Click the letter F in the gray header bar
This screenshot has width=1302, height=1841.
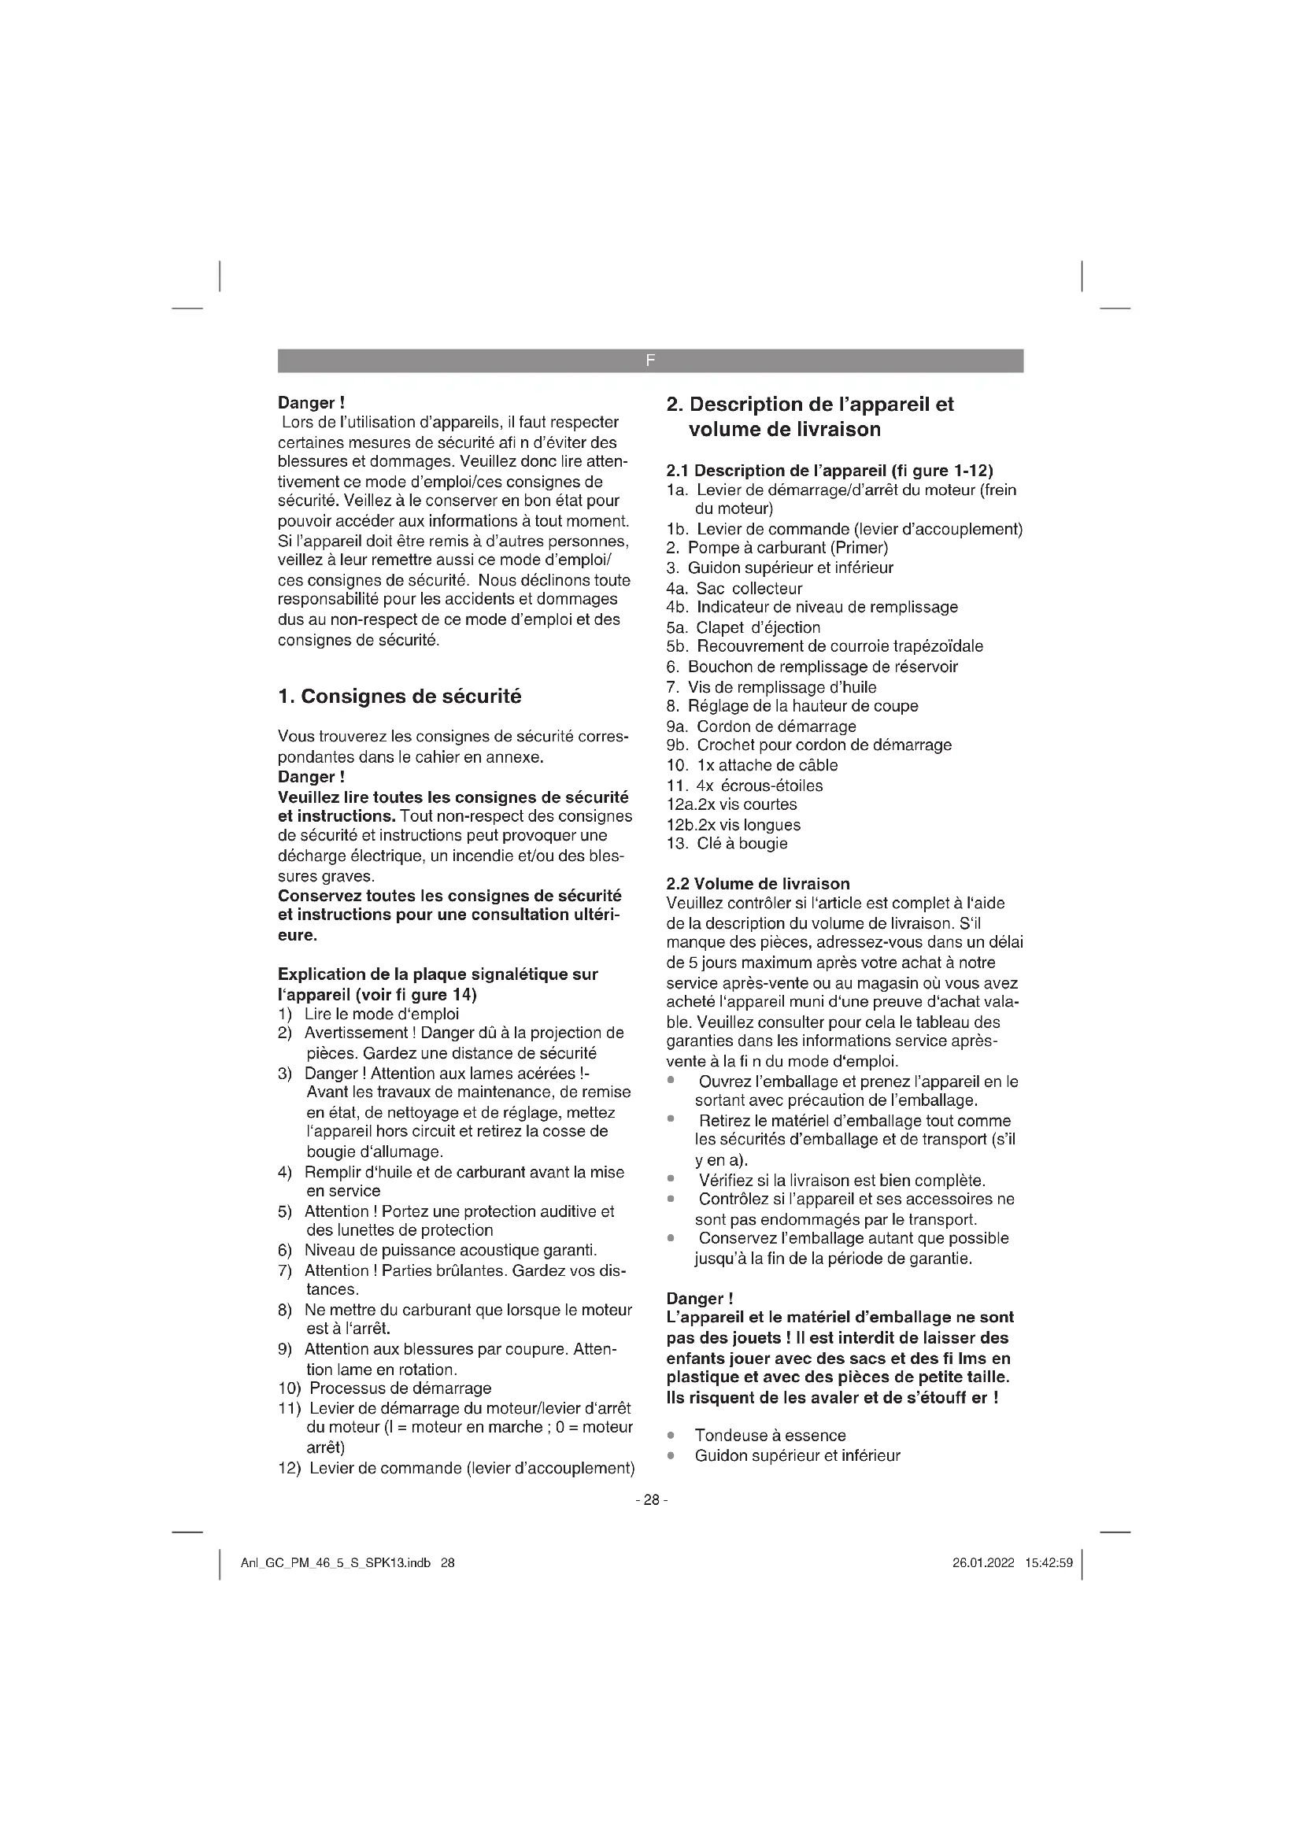point(649,360)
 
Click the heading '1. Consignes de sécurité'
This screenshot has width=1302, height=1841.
point(399,696)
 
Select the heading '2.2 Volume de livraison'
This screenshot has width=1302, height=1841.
point(757,884)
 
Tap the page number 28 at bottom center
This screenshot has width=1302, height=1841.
point(651,1499)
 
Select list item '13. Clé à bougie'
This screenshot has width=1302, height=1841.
point(727,844)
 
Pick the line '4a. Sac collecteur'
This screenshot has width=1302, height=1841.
point(734,588)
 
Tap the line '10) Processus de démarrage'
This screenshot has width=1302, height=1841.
point(385,1388)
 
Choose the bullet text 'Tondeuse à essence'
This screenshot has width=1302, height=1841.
point(770,1436)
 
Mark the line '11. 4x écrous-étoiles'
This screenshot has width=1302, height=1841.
point(745,785)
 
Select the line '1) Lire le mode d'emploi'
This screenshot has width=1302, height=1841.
point(368,1014)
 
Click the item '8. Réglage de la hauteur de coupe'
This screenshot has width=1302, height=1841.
point(792,705)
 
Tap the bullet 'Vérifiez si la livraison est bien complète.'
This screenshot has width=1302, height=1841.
point(841,1181)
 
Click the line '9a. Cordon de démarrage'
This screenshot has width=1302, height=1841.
point(761,726)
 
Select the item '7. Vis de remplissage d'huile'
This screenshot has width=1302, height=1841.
point(771,686)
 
